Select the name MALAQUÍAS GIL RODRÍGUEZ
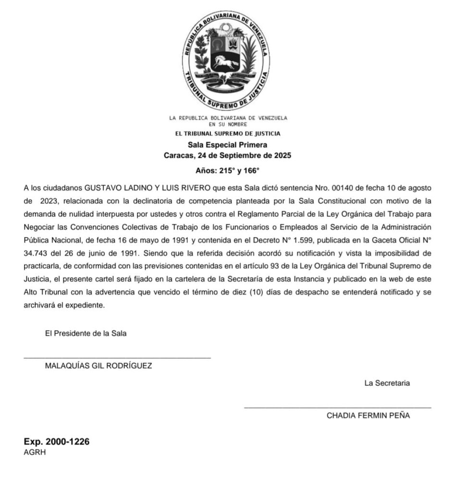(98, 366)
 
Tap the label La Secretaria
(387, 383)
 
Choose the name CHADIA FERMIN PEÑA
(368, 416)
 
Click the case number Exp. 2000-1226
(57, 442)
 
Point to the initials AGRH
(35, 452)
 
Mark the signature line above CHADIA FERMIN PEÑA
(337, 408)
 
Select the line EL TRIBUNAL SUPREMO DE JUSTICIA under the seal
(228, 134)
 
